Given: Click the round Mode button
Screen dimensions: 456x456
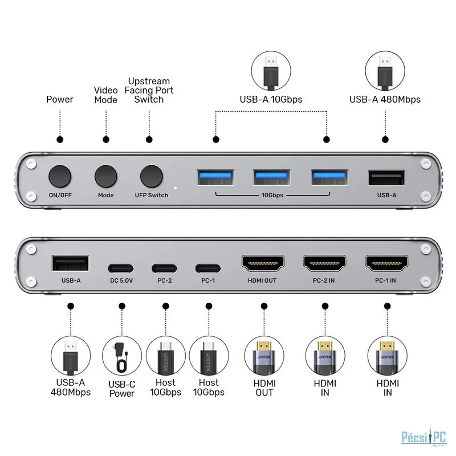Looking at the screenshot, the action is (106, 177).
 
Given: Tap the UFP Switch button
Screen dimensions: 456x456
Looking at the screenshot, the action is (151, 177).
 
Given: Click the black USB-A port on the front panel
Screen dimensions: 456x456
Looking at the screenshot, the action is (386, 178).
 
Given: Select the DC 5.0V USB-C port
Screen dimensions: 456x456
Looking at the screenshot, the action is (121, 268).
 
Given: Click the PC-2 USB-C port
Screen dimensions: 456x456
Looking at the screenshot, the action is (164, 268).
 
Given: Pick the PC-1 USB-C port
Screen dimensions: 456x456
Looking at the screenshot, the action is (208, 268).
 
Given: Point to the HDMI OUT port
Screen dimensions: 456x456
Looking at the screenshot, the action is (263, 263).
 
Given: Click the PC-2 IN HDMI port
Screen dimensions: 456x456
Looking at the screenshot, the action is (324, 263).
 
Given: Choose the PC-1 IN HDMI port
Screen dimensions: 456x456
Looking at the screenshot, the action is (387, 263).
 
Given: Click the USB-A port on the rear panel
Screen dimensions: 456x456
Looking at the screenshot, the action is (71, 263).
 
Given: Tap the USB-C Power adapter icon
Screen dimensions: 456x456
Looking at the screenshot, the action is (122, 356).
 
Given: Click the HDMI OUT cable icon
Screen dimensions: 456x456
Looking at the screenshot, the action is (264, 356).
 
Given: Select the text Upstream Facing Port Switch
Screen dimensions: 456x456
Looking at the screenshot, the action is (149, 90).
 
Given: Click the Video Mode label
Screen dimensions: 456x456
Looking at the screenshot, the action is (106, 95).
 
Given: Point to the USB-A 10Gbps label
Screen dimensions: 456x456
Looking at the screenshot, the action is (271, 99).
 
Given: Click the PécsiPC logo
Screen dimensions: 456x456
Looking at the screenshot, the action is (424, 437).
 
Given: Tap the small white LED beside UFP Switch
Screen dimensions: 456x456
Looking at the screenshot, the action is (176, 188).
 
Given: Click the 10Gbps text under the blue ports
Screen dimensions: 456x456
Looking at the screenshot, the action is (272, 195).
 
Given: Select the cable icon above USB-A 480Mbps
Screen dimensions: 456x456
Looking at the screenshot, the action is (385, 71).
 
